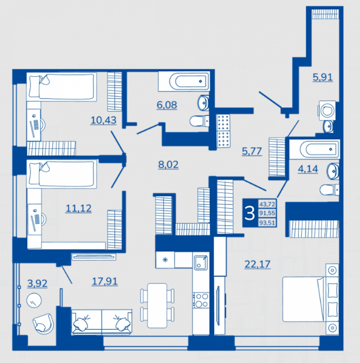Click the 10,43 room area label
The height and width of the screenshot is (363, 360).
(x=103, y=120)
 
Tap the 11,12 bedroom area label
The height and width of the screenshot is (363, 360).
(x=79, y=208)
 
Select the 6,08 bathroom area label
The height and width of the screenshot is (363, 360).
(x=167, y=105)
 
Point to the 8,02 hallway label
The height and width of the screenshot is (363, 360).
(x=168, y=165)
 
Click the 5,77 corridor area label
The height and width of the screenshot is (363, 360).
(x=252, y=151)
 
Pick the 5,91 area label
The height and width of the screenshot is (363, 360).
(x=323, y=77)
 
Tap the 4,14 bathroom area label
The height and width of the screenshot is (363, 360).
(x=308, y=169)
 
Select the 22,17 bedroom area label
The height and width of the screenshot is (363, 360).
(x=257, y=264)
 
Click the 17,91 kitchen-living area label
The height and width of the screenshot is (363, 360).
(x=105, y=282)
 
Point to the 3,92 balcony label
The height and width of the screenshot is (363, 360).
(x=37, y=283)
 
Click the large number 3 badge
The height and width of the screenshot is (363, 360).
(x=250, y=213)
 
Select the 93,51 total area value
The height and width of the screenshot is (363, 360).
(x=267, y=223)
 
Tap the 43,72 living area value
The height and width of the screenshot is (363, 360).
(x=267, y=204)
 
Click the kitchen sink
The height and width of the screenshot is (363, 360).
(x=201, y=263)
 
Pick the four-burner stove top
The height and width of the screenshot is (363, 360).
(x=201, y=300)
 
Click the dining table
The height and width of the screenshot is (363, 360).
(x=158, y=305)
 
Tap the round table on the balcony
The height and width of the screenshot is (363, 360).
(x=34, y=300)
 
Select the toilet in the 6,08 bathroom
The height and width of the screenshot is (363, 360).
(x=199, y=121)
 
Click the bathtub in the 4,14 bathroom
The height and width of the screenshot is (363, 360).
(x=315, y=149)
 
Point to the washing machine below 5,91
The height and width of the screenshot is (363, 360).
(x=327, y=110)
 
